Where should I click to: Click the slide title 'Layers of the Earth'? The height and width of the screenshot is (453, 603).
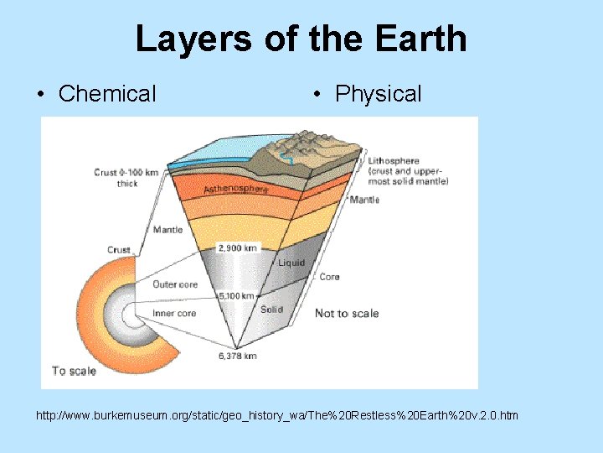(301, 39)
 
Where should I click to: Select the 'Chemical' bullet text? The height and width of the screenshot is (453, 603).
(107, 94)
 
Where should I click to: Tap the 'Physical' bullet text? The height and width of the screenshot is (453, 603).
(378, 94)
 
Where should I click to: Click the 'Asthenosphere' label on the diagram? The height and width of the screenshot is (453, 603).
(236, 190)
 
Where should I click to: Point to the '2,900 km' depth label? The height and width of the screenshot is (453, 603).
(239, 248)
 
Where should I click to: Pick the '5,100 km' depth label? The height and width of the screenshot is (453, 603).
(238, 295)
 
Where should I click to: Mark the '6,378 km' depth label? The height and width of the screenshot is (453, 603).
(237, 356)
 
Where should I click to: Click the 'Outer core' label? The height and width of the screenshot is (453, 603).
(175, 284)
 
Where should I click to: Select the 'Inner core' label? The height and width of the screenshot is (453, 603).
(174, 313)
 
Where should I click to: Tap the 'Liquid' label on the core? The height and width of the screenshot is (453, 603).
(291, 263)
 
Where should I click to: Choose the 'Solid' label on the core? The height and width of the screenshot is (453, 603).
(271, 310)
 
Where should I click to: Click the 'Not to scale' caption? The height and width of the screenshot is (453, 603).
(347, 313)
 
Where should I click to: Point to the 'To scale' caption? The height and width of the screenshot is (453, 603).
(74, 370)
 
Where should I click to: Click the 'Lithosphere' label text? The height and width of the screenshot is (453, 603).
(393, 161)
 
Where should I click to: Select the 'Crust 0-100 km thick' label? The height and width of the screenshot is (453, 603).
(126, 177)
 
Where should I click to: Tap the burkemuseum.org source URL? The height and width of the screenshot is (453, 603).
(277, 415)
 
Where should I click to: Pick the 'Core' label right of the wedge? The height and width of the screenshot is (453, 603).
(329, 277)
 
